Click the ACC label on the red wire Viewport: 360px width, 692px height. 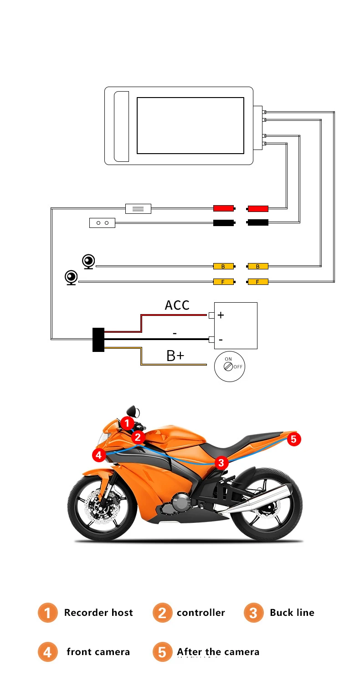pyautogui.click(x=177, y=305)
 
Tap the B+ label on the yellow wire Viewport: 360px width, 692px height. pyautogui.click(x=175, y=356)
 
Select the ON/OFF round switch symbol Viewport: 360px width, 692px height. pyautogui.click(x=229, y=366)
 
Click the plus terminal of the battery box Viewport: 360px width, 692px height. pyautogui.click(x=212, y=315)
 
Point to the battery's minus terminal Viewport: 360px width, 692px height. pyautogui.click(x=212, y=339)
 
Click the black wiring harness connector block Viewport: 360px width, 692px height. pyautogui.click(x=98, y=340)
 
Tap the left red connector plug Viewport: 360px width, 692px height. pyautogui.click(x=223, y=208)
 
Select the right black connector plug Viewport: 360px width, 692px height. pyautogui.click(x=257, y=222)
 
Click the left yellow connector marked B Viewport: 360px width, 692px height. pyautogui.click(x=223, y=266)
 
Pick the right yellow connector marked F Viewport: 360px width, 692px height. pyautogui.click(x=257, y=282)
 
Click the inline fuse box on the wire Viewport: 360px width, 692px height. pyautogui.click(x=138, y=209)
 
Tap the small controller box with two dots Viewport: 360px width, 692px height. pyautogui.click(x=102, y=223)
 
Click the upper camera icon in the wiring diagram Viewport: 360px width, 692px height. pyautogui.click(x=88, y=262)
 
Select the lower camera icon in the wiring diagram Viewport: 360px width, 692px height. pyautogui.click(x=71, y=278)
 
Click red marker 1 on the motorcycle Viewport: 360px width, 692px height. pyautogui.click(x=127, y=423)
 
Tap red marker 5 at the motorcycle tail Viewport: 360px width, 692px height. pyautogui.click(x=294, y=439)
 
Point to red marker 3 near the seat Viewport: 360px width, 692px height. pyautogui.click(x=221, y=463)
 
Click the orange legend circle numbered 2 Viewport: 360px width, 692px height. pyautogui.click(x=162, y=613)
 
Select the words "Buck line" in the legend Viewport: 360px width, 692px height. pyautogui.click(x=292, y=613)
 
